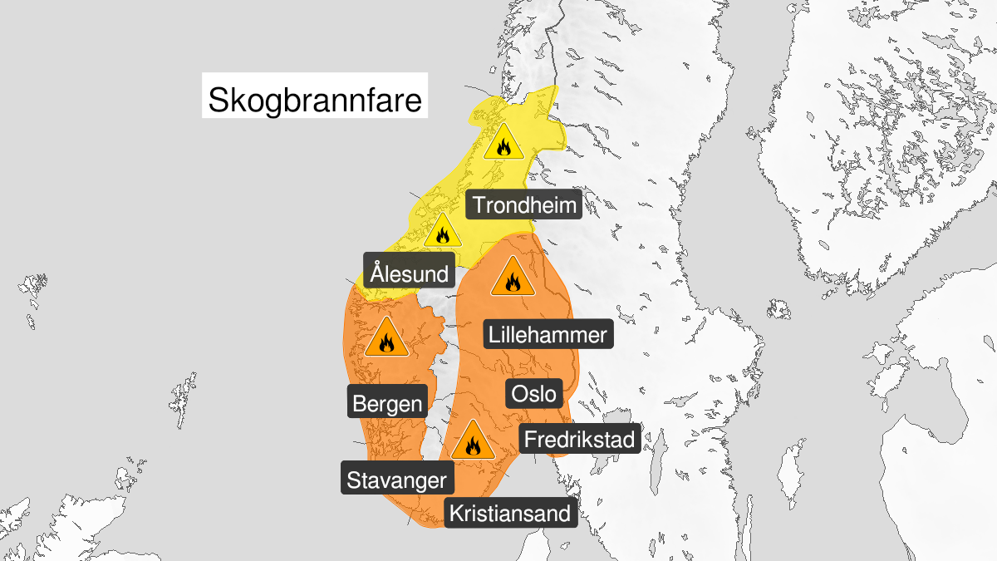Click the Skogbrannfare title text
point(315,101)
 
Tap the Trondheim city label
point(523,204)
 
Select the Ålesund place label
point(410,273)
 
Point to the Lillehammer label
point(548,335)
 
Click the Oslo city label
point(533,393)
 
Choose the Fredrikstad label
point(579,438)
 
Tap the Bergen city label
point(388,404)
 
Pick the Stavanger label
point(398,480)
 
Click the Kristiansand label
point(511,513)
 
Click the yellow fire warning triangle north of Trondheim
point(503,143)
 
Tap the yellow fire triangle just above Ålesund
point(441,232)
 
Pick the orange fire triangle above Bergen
point(386,338)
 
